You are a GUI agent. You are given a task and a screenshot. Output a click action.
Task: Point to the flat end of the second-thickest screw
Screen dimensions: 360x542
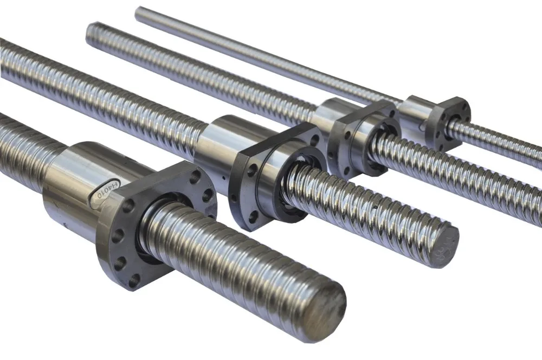443,244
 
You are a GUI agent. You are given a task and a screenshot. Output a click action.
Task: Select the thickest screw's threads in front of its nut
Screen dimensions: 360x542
244,255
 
